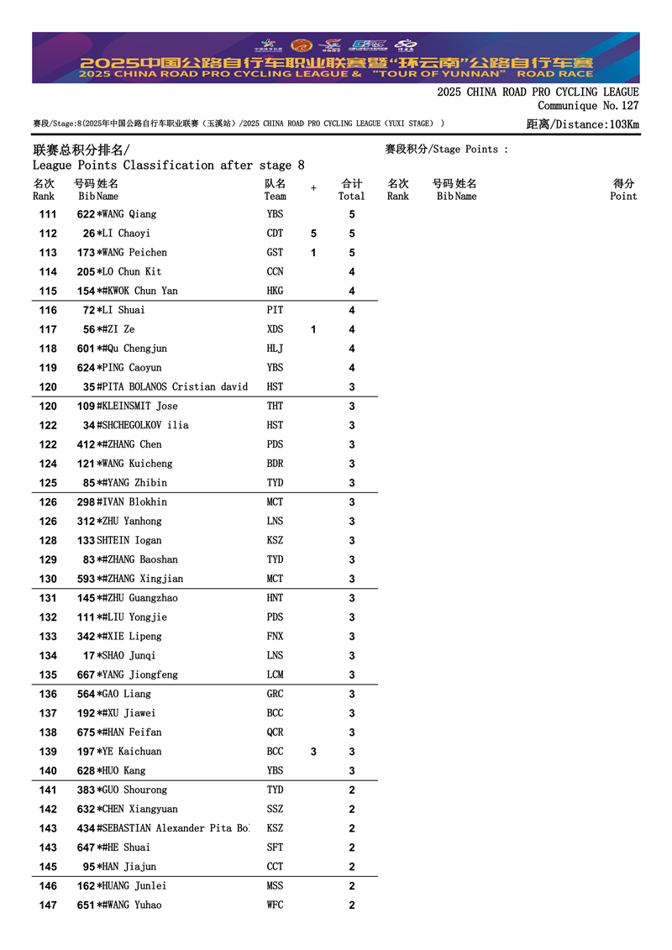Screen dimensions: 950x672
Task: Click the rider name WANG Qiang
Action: [130, 214]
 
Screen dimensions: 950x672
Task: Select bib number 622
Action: [86, 214]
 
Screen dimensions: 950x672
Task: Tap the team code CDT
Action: [275, 234]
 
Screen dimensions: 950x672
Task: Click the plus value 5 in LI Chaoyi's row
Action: [313, 234]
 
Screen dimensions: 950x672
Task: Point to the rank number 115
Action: [48, 291]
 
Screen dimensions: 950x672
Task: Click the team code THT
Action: [275, 407]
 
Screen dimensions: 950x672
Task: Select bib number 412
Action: [86, 444]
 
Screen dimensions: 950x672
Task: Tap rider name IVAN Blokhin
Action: [135, 502]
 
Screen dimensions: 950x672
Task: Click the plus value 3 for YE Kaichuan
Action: [313, 752]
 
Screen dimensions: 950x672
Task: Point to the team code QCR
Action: [275, 732]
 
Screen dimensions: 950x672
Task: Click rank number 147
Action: [48, 905]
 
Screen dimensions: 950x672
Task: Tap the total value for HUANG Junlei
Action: [352, 886]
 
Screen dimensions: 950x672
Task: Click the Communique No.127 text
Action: [588, 106]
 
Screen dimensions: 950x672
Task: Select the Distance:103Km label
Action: [582, 124]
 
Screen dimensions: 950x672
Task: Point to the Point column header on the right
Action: [623, 197]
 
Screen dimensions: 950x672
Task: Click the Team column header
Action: [275, 197]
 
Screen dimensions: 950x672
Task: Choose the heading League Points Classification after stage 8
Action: [168, 165]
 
